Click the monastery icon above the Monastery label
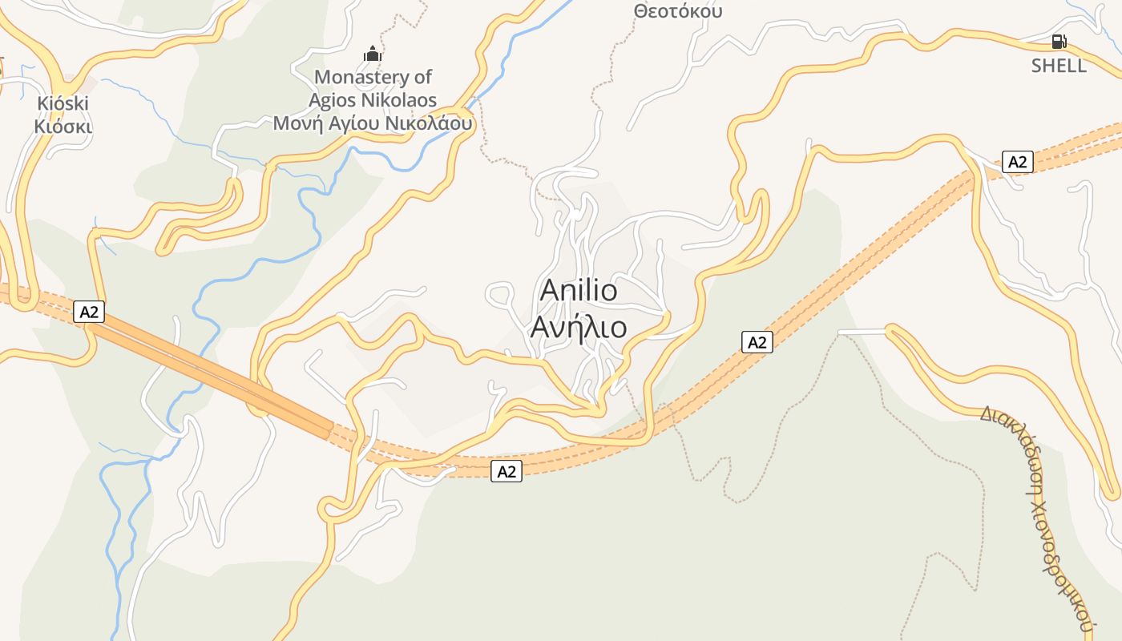pos(373,54)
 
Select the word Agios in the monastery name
pos(333,100)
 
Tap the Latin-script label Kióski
pos(63,103)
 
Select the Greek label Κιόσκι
pos(63,127)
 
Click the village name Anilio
pos(579,290)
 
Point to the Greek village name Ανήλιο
pos(579,327)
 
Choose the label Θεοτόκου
pos(677,11)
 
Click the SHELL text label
pos(1059,66)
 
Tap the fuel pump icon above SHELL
pos(1059,42)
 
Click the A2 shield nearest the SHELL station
pos(1017,162)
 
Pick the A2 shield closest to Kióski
pos(89,312)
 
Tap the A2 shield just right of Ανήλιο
pos(757,342)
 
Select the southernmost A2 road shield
pos(507,471)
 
